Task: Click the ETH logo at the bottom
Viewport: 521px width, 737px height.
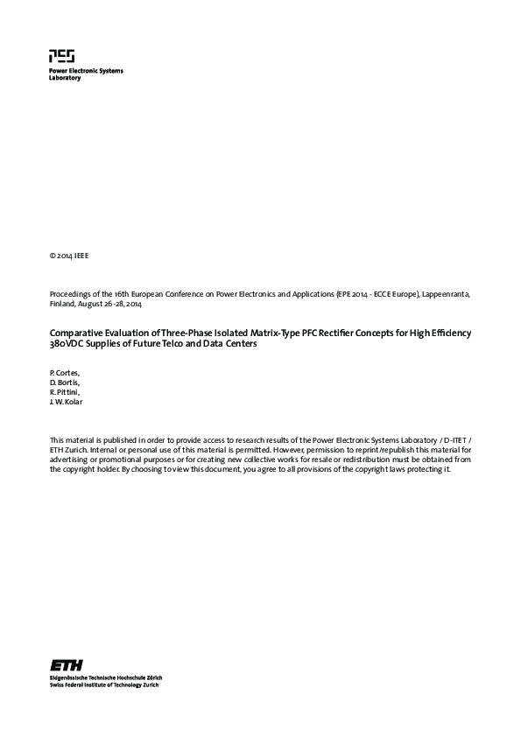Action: (x=67, y=664)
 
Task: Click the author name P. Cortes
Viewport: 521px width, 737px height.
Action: (x=64, y=374)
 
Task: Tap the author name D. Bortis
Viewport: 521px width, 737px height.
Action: (x=64, y=383)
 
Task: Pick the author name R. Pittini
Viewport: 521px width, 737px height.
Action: (x=64, y=393)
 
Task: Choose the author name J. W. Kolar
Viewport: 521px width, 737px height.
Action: (x=68, y=403)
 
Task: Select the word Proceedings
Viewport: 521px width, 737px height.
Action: (x=71, y=295)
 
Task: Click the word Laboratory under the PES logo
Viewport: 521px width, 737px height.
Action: (x=65, y=78)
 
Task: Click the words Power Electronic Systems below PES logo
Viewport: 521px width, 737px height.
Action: (x=86, y=70)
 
